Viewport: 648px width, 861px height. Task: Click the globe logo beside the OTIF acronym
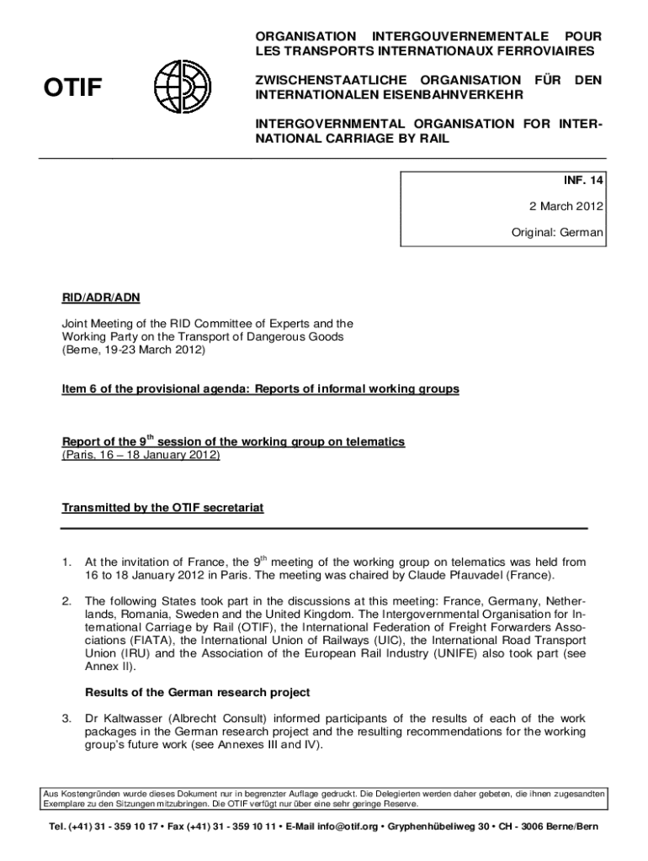click(178, 87)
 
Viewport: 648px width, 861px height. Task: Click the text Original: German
click(558, 231)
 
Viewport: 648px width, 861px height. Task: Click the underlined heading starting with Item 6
click(261, 389)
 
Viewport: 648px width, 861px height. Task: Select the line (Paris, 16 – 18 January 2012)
click(141, 454)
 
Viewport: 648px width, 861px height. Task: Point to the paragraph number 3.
click(66, 719)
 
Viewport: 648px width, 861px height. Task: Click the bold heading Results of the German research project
click(198, 692)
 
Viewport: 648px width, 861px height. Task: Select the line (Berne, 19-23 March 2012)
click(134, 350)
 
